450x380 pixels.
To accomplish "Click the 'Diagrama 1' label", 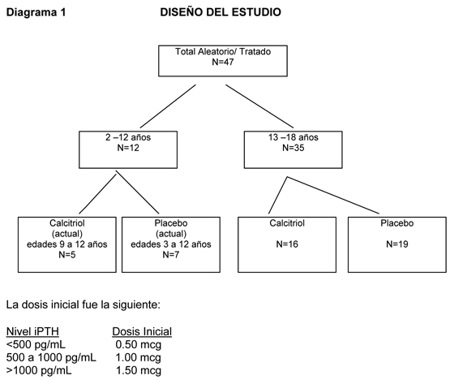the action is [36, 12].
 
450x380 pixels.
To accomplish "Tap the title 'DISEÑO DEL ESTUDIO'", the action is [221, 12].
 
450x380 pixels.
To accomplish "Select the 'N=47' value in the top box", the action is [223, 62].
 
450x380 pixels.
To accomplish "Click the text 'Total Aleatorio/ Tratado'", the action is [223, 51].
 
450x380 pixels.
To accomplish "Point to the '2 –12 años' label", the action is [128, 137].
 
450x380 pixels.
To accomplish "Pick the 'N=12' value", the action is [128, 148].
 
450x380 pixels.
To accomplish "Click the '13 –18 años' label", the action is [294, 137].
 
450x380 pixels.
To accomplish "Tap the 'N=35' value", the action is [294, 148].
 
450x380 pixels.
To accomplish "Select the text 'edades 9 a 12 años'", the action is [67, 244].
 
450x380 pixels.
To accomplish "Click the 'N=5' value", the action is [67, 255].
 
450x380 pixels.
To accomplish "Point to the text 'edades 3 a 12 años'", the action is [171, 244].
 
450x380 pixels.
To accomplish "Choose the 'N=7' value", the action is [171, 255].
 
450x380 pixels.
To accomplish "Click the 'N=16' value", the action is [287, 244].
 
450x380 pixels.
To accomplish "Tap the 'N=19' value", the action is [397, 244].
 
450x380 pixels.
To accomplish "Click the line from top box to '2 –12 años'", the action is [168, 106].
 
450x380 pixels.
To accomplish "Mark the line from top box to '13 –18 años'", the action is [259, 106].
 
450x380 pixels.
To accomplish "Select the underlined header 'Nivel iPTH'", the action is [32, 332].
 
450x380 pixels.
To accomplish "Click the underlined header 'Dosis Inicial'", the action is [142, 332].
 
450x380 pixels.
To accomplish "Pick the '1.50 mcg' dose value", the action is [139, 370].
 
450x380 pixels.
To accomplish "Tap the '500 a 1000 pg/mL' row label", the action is [51, 357].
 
